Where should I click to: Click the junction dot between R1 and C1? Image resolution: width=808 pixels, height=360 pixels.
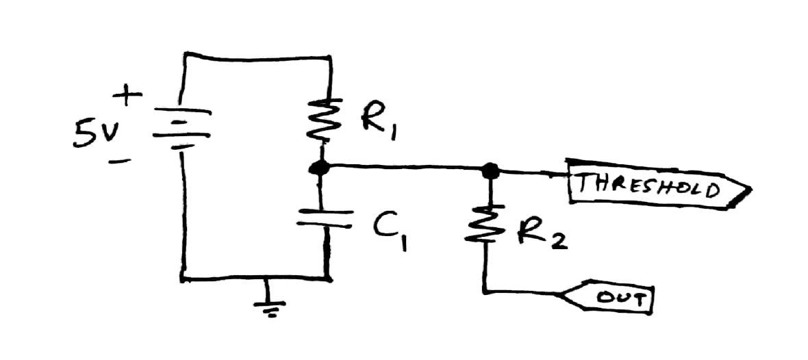click(317, 167)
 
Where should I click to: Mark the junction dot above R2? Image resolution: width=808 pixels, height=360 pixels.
click(488, 169)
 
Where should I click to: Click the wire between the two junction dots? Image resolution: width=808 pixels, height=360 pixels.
click(404, 166)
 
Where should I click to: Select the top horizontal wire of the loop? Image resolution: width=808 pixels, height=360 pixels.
click(257, 55)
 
